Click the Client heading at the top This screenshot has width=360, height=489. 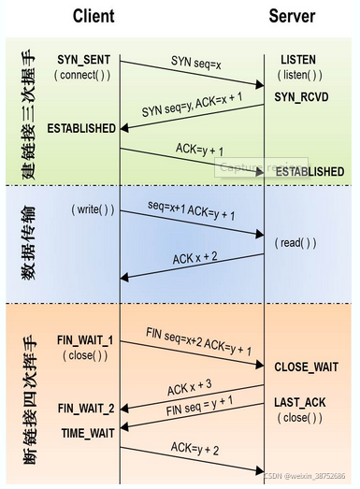pos(93,15)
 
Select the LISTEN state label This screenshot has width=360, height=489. pos(299,59)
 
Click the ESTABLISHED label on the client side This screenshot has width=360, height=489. pos(82,127)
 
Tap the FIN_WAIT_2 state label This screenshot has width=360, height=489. pos(86,409)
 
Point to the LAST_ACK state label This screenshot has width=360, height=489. pos(299,402)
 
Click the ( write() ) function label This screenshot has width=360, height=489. pos(93,210)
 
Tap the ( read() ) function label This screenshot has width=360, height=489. pos(295,242)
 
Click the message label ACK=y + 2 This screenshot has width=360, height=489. pos(195,451)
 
